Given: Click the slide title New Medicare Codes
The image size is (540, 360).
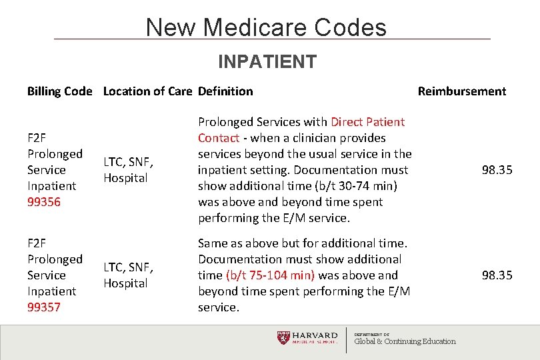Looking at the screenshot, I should point(266,27).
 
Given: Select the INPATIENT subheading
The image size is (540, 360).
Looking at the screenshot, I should point(267,62).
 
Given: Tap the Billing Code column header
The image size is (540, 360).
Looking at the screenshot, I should point(59,91).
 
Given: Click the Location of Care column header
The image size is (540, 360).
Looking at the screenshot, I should point(148,91).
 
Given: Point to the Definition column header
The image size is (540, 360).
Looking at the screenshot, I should point(225,91).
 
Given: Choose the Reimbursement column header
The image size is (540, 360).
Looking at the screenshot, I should point(461,91).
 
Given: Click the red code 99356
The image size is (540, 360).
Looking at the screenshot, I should point(44,202).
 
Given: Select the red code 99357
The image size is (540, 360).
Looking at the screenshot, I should point(44,307).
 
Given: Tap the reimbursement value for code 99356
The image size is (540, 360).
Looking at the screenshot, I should point(497,170).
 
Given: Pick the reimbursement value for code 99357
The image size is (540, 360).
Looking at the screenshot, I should point(497,275).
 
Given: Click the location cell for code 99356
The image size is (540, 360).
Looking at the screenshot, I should point(128,170).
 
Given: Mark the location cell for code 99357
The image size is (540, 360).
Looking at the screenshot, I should point(128,275).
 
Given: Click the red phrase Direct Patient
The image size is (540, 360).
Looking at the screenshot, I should point(367,122).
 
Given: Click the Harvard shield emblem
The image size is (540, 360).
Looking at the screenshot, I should point(284,338).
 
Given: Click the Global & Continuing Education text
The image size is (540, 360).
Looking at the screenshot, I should point(405,341).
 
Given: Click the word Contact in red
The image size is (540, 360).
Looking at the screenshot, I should point(218,138).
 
